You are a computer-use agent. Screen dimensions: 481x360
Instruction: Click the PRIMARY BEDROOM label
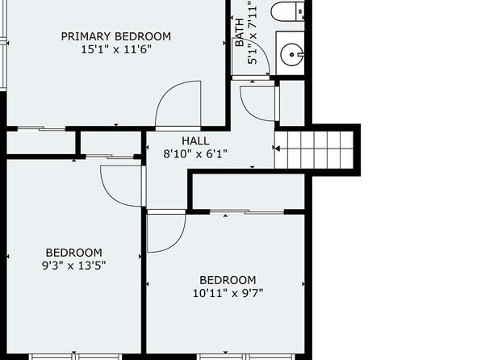116,36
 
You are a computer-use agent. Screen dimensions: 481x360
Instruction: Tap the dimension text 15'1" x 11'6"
116,49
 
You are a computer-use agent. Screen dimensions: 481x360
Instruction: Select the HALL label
195,141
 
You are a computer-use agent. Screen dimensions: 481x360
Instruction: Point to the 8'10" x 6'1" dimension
195,153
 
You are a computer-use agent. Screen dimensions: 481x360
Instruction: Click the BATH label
240,33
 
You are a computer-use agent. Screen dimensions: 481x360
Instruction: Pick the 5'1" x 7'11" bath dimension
252,32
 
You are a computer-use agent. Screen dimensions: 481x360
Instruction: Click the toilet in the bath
288,11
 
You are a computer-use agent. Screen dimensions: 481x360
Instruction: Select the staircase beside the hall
314,150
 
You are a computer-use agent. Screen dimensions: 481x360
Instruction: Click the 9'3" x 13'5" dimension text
74,266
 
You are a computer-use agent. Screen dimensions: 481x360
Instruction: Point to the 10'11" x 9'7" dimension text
228,293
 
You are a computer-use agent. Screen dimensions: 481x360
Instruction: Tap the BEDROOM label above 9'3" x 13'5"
74,253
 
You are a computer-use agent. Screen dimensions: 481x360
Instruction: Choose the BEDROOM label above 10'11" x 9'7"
228,280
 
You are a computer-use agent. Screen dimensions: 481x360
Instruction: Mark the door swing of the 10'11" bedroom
178,240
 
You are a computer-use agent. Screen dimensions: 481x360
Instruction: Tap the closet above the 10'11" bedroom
249,191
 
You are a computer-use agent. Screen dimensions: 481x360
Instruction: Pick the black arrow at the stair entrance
278,149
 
